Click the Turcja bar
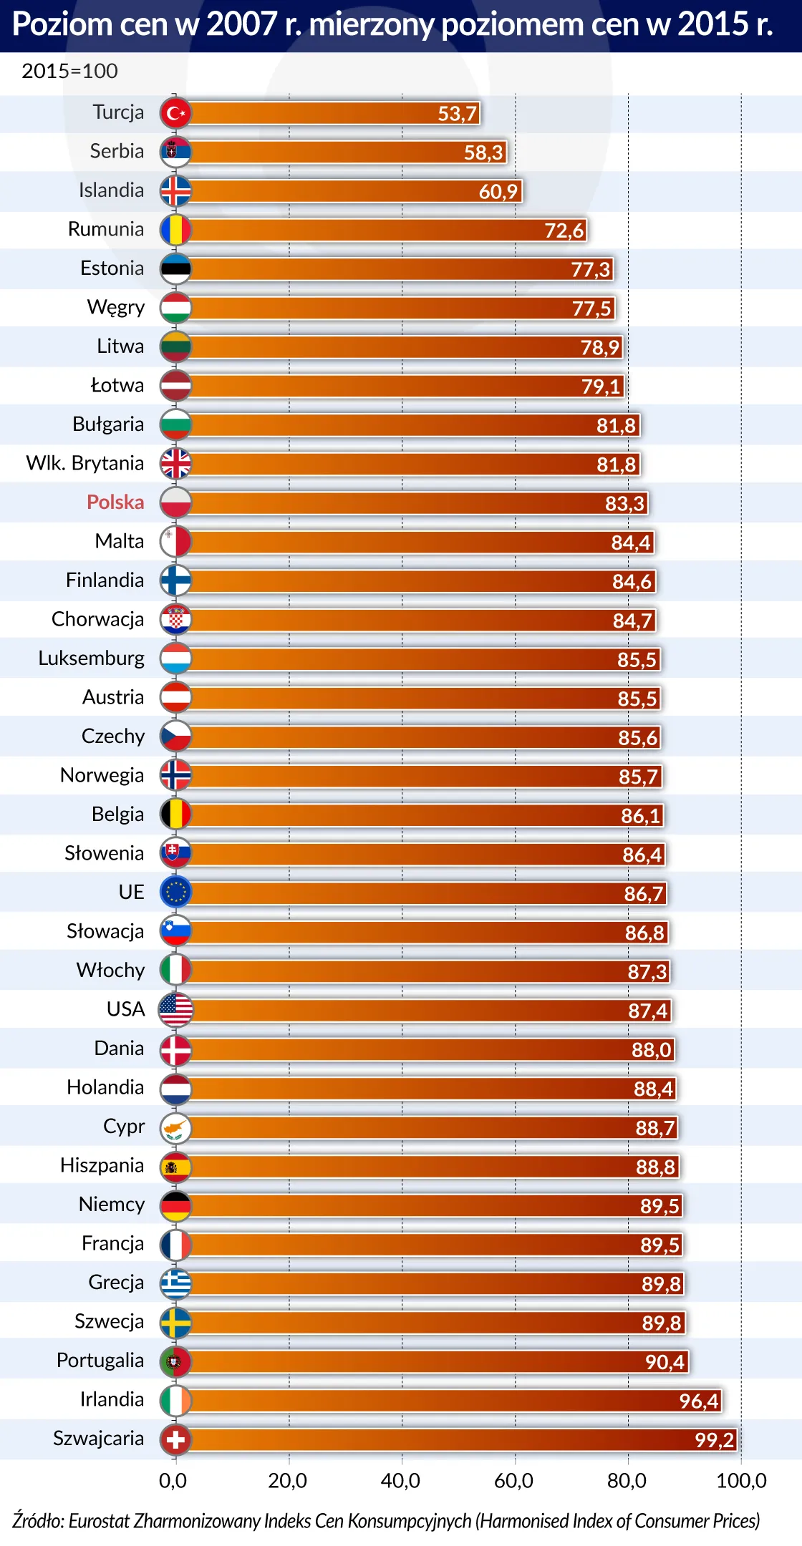point(329,113)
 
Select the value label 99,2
point(714,1440)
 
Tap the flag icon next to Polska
point(175,502)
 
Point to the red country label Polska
point(115,502)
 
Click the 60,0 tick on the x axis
point(513,1481)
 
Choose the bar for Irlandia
point(451,1401)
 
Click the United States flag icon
point(175,1010)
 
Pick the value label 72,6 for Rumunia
point(564,230)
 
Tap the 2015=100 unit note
point(69,72)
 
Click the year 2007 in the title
point(242,25)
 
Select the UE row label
point(132,893)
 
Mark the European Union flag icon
point(175,893)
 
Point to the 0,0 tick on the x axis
point(173,1481)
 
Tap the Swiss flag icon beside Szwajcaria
point(175,1439)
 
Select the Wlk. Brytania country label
point(85,464)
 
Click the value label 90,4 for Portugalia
point(665,1362)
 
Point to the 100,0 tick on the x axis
point(741,1481)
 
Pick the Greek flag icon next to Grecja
point(175,1283)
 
